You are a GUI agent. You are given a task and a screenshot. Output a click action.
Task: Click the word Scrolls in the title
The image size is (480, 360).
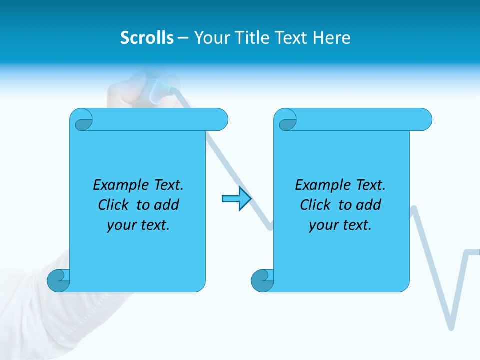click(147, 38)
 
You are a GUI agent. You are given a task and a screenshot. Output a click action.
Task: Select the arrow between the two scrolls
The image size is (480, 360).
click(237, 199)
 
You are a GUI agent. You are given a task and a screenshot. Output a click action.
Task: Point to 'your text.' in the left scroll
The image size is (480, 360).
click(138, 225)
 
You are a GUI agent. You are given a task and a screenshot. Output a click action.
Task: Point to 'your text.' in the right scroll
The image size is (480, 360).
click(340, 225)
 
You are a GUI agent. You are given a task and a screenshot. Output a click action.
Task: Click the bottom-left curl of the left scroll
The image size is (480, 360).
click(58, 280)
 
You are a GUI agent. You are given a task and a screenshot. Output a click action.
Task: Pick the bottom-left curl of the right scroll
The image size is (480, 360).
click(262, 280)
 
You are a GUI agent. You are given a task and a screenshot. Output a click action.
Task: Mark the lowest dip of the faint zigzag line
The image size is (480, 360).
click(451, 327)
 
